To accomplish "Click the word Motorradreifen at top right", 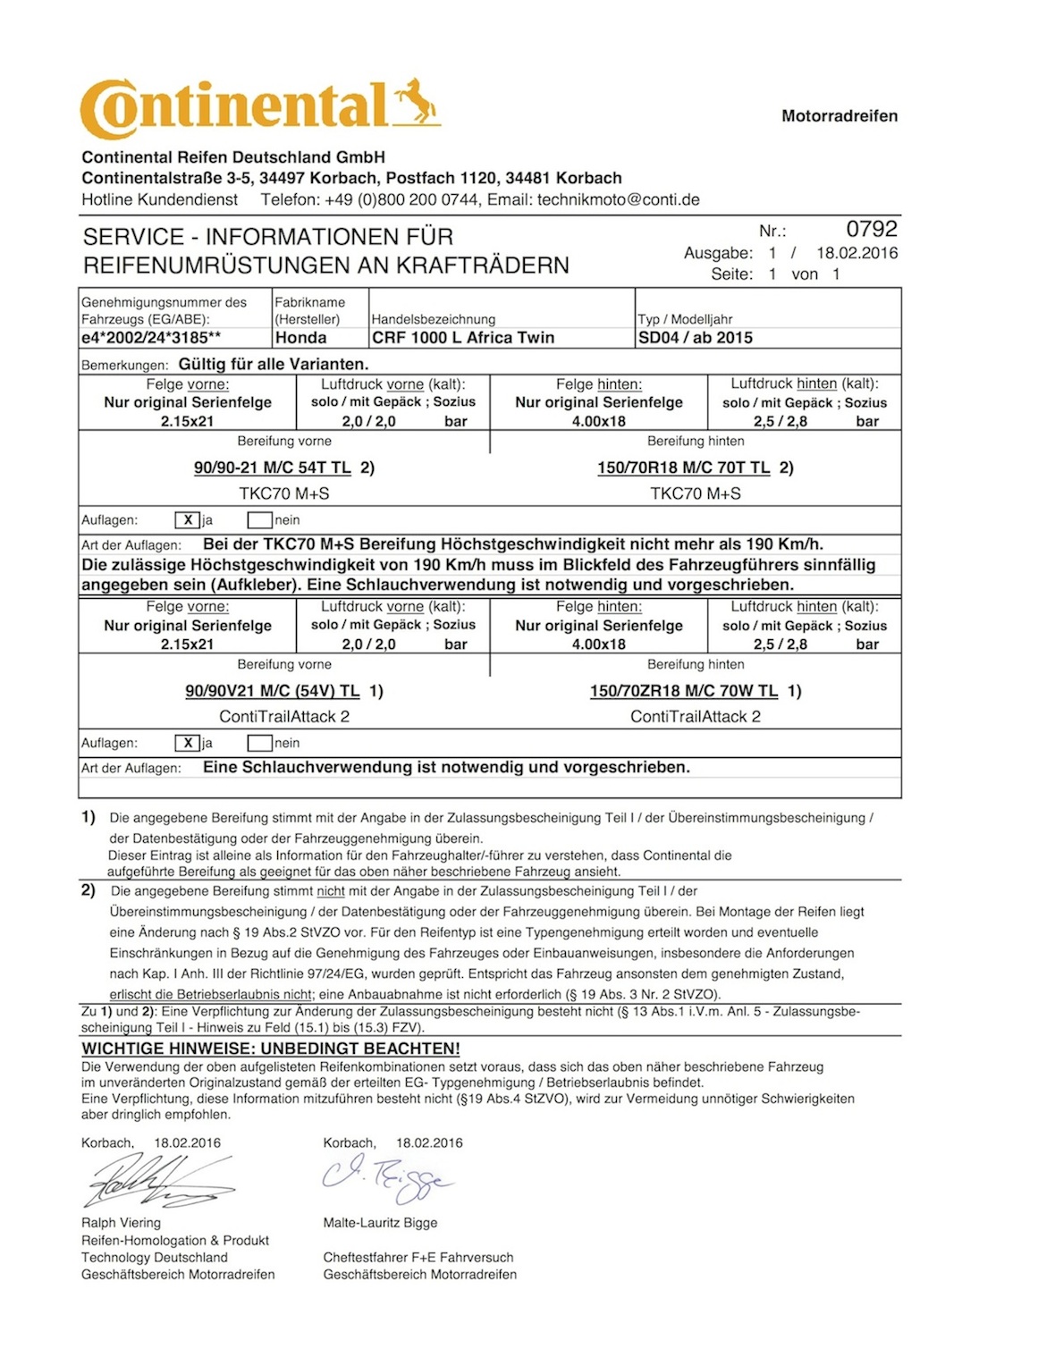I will point(839,116).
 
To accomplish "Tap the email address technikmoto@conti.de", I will point(618,200).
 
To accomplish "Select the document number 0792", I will point(871,230).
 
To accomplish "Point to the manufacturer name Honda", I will point(300,338).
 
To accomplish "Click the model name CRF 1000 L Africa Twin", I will point(463,338).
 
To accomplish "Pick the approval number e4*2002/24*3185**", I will point(151,338).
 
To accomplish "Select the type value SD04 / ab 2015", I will point(695,338).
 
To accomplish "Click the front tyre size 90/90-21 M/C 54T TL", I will point(272,468).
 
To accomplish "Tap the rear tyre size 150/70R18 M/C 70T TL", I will point(683,468).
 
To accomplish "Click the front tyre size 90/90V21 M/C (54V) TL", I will point(272,691).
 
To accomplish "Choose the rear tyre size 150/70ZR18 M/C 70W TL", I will point(683,691).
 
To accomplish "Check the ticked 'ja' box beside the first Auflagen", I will point(188,520).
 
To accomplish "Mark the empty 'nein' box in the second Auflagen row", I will point(259,743).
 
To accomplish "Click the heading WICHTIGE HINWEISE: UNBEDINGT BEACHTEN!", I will point(271,1049).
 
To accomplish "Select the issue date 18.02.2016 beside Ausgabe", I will point(857,253).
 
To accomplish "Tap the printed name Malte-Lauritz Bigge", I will point(380,1223).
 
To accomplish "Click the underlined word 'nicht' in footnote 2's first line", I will point(331,891).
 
